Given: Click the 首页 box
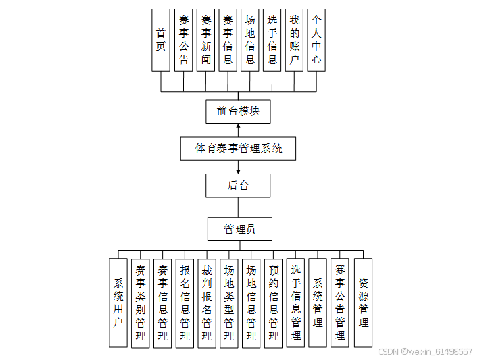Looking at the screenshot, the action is pyautogui.click(x=160, y=40).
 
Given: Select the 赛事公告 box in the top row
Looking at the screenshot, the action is pyautogui.click(x=183, y=40).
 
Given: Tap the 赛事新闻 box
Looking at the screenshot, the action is pyautogui.click(x=205, y=40).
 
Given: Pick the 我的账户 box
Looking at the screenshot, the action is pyautogui.click(x=294, y=40).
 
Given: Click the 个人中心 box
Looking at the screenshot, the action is pyautogui.click(x=316, y=40).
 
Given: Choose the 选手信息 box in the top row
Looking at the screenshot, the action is pyautogui.click(x=272, y=40).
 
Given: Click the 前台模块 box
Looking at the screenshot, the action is pyautogui.click(x=238, y=111).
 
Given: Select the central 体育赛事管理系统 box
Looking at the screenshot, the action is pyautogui.click(x=238, y=149).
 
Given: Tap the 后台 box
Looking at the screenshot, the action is pyautogui.click(x=238, y=186).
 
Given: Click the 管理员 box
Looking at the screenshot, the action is pyautogui.click(x=239, y=230).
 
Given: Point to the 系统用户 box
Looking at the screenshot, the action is pyautogui.click(x=118, y=303).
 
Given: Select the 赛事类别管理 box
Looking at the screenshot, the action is pyautogui.click(x=141, y=303).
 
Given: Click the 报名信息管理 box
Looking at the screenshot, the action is pyautogui.click(x=185, y=303).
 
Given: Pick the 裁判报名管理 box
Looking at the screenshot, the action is pyautogui.click(x=207, y=303).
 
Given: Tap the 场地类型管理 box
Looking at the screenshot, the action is pyautogui.click(x=229, y=303).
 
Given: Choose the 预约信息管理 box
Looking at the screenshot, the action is pyautogui.click(x=273, y=303).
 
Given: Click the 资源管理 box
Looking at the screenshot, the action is pyautogui.click(x=363, y=303).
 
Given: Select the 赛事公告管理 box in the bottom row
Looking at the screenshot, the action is pyautogui.click(x=340, y=303).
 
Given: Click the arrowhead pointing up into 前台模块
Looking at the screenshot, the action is pyautogui.click(x=238, y=126).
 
